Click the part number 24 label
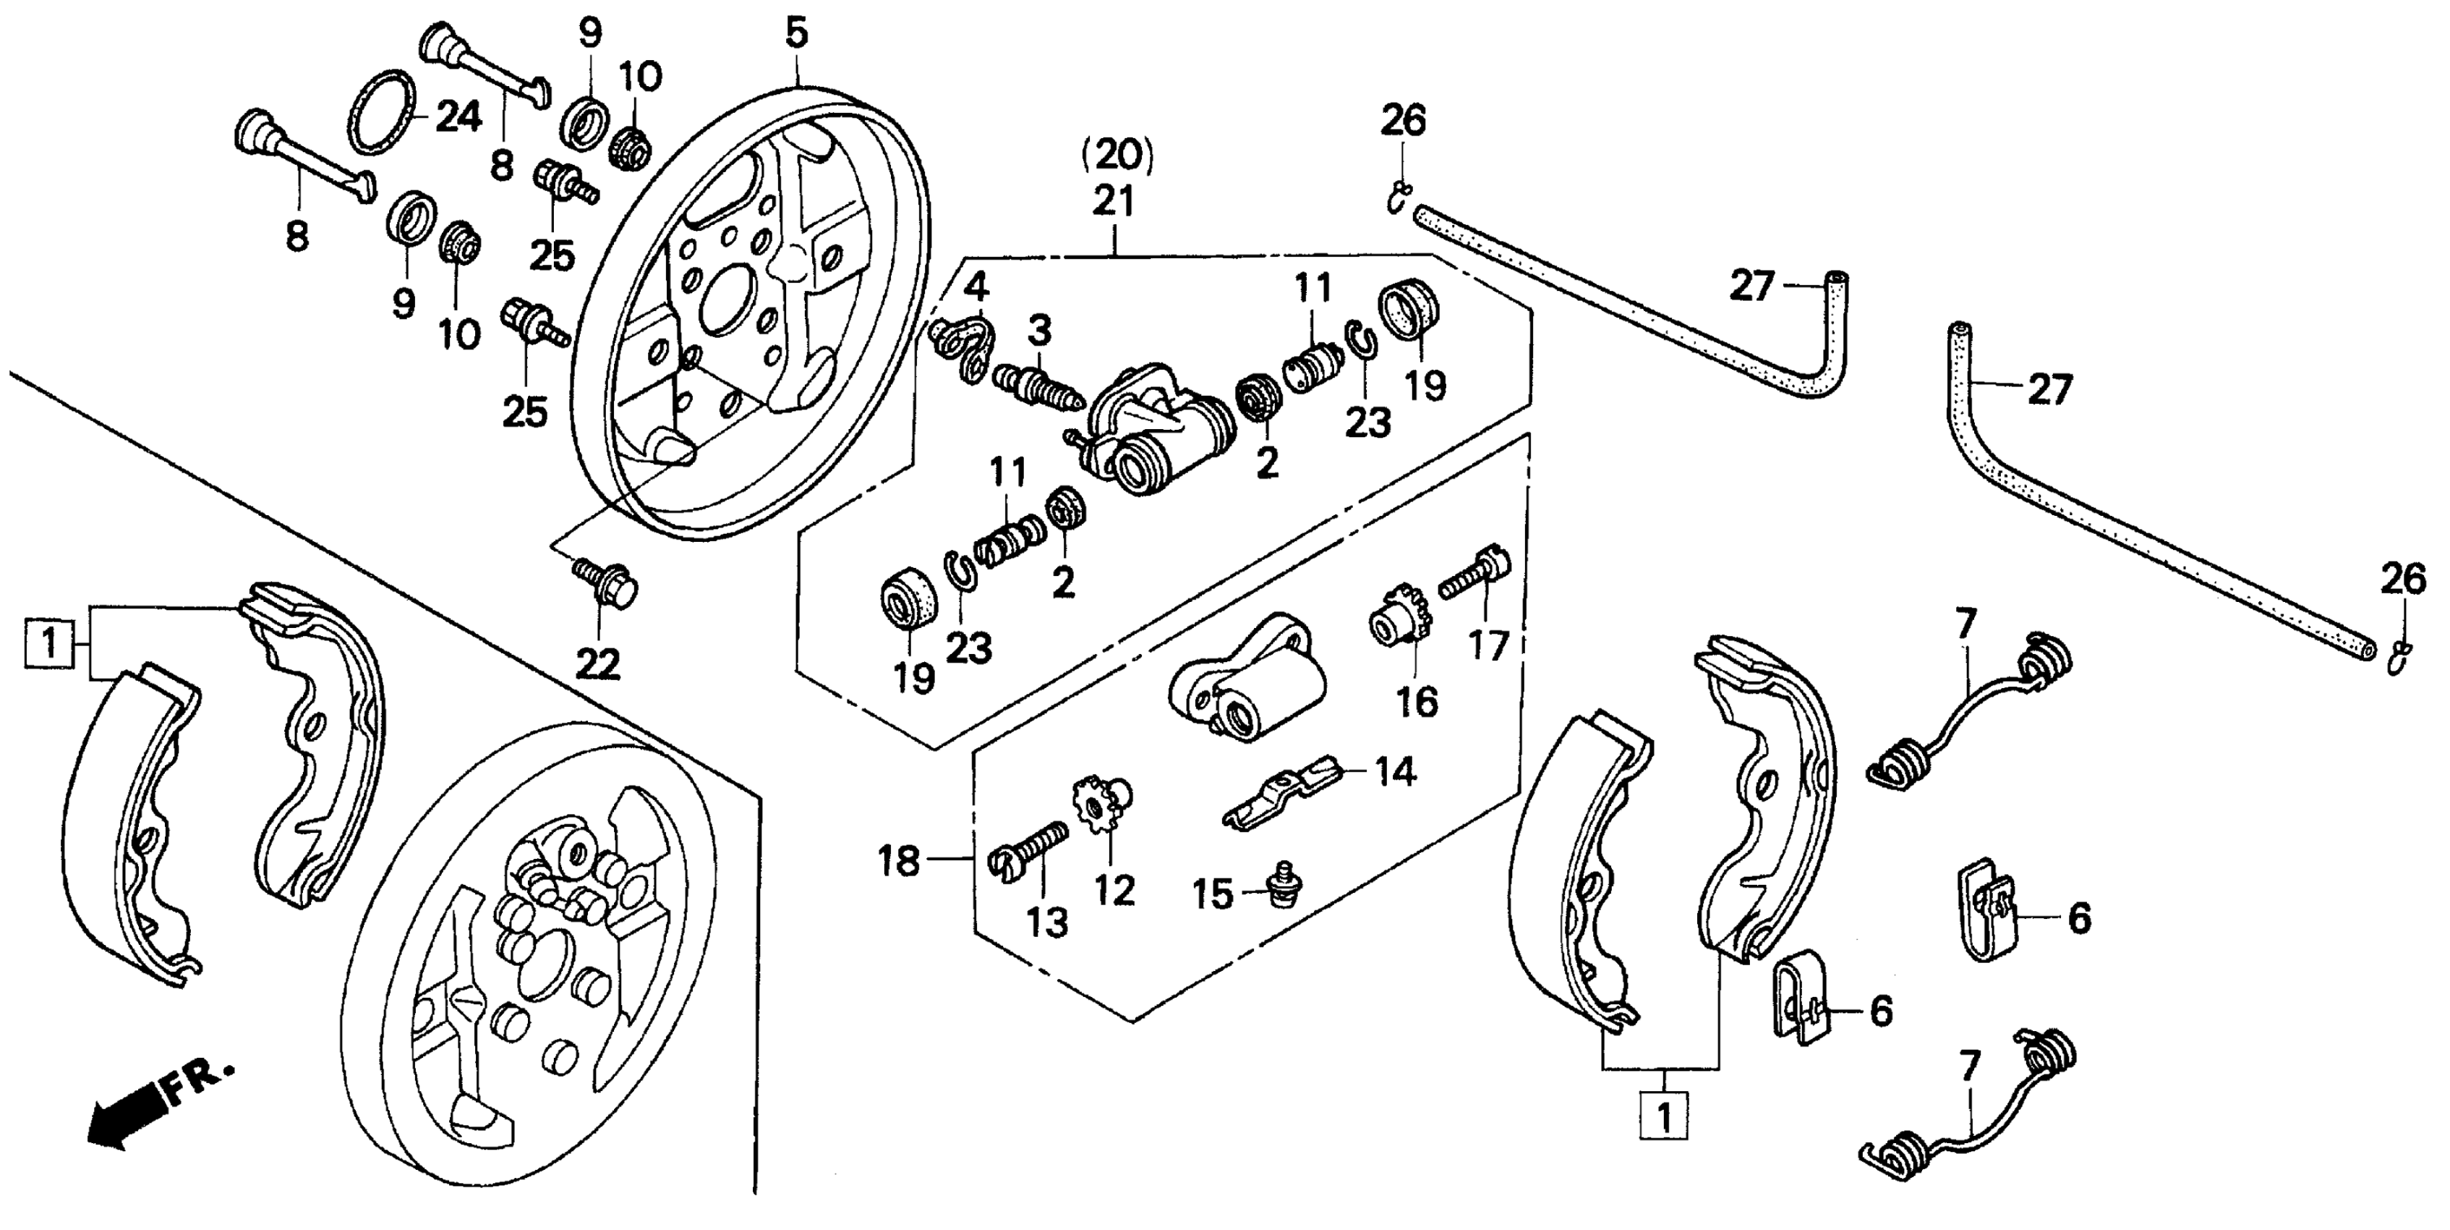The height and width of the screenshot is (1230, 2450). (x=458, y=118)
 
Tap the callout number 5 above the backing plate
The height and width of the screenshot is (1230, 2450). (x=797, y=33)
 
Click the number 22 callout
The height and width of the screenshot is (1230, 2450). (x=598, y=664)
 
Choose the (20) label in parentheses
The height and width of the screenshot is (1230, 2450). (x=1117, y=155)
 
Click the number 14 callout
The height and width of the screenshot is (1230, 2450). (x=1394, y=771)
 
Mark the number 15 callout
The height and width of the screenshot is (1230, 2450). (x=1213, y=895)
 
